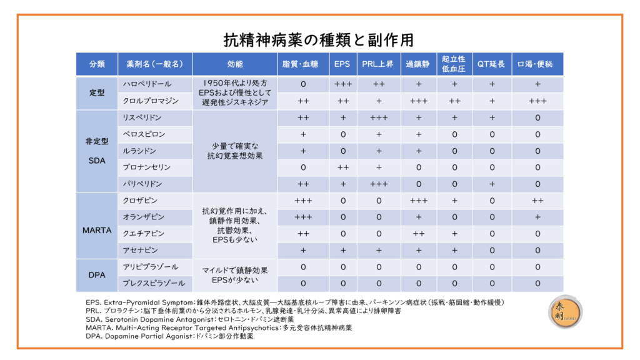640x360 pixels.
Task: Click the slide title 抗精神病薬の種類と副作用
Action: pos(319,40)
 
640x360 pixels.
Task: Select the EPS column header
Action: pos(342,64)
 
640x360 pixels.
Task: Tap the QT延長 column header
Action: pos(492,64)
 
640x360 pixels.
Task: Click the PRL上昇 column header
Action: pos(378,64)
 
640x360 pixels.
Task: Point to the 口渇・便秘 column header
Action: pos(537,64)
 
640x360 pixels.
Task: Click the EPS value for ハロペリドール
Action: pos(342,84)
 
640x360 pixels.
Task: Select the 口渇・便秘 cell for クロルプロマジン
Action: pos(537,101)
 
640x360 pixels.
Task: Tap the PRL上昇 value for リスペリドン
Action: pos(378,117)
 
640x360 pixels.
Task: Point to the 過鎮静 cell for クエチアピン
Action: pos(418,234)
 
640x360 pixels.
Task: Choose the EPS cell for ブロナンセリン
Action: pos(342,167)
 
